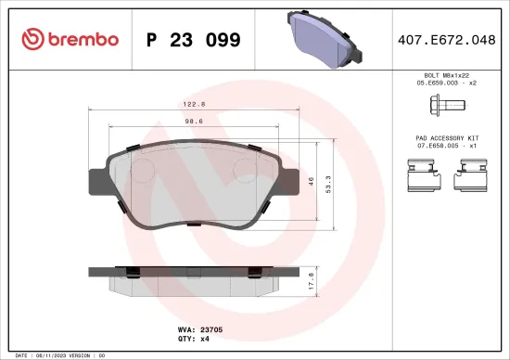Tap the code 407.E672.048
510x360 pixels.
click(x=444, y=39)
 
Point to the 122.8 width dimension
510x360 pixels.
click(x=193, y=105)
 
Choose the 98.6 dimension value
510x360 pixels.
click(x=193, y=122)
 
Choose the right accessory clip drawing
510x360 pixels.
click(x=476, y=173)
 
